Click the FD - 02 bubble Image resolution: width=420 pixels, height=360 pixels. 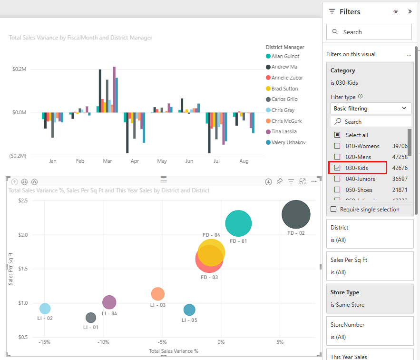296,214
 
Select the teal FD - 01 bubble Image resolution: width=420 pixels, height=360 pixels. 238,223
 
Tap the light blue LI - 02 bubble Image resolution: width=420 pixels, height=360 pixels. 45,309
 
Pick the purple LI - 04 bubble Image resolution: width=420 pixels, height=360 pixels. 109,302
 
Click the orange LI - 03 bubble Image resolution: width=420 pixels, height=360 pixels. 158,294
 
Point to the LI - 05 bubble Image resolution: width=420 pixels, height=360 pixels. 189,310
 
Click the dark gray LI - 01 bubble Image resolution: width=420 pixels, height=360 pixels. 91,318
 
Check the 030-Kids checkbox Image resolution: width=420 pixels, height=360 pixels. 337,168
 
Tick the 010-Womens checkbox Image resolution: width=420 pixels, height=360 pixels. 337,146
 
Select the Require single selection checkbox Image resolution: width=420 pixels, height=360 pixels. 333,210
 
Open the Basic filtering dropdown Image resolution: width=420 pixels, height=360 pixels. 371,109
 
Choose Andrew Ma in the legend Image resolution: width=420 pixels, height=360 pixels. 284,67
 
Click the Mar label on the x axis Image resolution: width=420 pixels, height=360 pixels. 107,161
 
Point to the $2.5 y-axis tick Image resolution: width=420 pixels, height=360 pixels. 22,201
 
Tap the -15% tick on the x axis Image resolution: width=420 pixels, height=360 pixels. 45,342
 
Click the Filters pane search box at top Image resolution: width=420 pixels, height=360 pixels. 369,32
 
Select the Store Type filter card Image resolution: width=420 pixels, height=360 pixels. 369,298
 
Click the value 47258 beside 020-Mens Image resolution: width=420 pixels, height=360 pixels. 400,157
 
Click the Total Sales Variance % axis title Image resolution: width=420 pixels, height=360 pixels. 174,351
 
